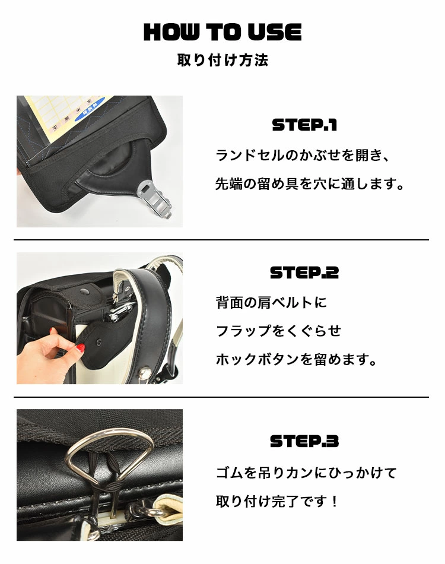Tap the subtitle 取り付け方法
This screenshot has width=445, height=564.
223,60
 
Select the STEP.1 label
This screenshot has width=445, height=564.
304,125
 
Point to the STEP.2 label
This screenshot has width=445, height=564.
304,273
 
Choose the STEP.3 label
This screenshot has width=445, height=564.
304,441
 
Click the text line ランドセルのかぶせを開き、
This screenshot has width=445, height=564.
302,156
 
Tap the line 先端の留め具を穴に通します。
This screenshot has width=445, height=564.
310,184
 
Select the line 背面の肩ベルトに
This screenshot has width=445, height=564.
271,302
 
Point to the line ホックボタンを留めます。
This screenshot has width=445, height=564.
296,359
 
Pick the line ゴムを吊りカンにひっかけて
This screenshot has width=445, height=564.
306,473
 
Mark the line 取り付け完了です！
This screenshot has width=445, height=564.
277,501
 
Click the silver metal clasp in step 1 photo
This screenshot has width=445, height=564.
156,199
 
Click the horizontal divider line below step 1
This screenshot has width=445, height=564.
221,240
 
